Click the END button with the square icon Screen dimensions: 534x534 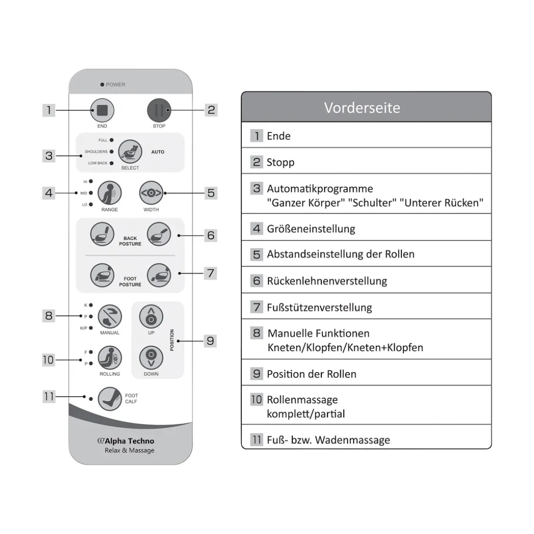coord(102,111)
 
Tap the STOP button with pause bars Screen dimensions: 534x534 coord(159,111)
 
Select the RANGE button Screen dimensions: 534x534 coord(110,193)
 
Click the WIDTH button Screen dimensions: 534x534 coord(151,193)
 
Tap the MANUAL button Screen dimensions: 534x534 coord(110,316)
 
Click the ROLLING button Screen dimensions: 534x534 coord(110,358)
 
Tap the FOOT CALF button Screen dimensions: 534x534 coord(110,398)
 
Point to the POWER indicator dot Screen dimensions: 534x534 coord(102,85)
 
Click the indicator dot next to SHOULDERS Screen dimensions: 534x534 coord(112,152)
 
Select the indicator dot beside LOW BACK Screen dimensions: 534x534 coord(112,163)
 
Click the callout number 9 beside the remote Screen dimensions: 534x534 coord(210,341)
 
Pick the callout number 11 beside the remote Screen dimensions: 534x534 coord(49,396)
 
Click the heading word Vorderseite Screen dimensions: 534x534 coord(362,108)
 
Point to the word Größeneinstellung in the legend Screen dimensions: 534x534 coord(311,229)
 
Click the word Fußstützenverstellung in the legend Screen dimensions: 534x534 coord(319,308)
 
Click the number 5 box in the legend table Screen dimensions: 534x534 coord(257,254)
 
